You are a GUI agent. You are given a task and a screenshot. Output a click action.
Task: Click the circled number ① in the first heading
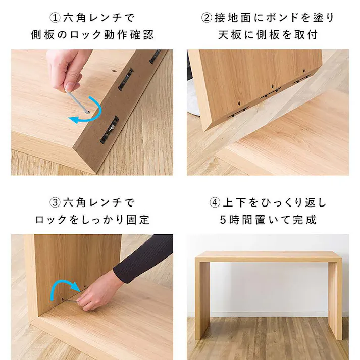[55, 18]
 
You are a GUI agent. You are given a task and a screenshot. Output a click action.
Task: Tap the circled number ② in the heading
[207, 18]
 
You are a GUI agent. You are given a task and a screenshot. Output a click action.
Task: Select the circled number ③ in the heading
[55, 202]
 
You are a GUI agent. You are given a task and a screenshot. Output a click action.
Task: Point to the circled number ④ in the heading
[215, 202]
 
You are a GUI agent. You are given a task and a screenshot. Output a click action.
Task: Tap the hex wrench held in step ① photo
[77, 101]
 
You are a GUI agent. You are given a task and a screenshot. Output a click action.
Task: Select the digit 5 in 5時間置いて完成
[223, 220]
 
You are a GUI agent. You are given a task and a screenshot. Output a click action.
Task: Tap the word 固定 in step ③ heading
[138, 220]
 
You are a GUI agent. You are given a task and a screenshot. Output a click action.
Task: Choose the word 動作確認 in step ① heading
[129, 35]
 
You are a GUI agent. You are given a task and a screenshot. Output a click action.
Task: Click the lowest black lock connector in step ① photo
[109, 130]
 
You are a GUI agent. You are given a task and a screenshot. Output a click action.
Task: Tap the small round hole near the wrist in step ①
[113, 71]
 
